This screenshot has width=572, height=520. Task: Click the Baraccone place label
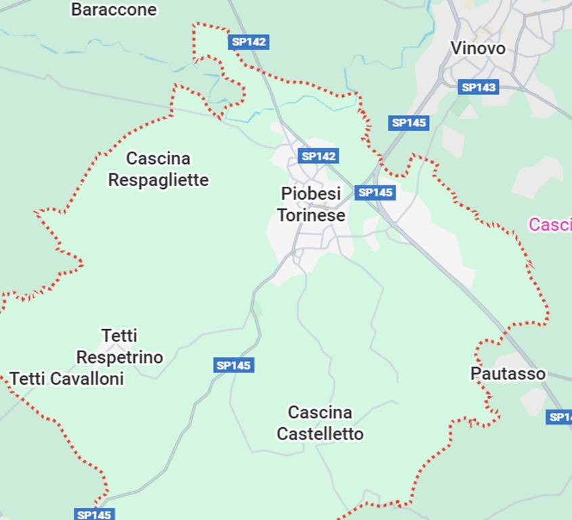pos(113,9)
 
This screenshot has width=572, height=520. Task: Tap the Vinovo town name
pos(478,48)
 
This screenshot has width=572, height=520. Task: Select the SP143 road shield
pos(478,87)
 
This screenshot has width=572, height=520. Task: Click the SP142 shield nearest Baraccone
pos(248,42)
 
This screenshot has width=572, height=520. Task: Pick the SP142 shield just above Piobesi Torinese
pos(318,156)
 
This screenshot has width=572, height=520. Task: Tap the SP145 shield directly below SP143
pos(409,123)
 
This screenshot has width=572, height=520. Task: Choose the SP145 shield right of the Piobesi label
pos(374,192)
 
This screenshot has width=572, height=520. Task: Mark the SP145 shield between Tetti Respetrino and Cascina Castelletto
pos(234,366)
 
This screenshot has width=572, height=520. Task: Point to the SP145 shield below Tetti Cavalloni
pos(94,515)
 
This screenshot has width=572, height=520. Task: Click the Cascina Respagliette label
pos(158,169)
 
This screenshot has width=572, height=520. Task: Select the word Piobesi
pos(311,194)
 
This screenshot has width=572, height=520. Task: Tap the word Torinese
pos(311,215)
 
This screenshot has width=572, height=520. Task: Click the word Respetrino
pos(119,357)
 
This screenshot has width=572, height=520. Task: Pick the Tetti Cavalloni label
pos(66,378)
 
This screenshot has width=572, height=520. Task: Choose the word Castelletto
pos(320,433)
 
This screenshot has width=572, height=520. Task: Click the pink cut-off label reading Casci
pos(550,225)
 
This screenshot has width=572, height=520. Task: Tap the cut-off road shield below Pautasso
pos(560,417)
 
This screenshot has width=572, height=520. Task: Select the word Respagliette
pos(158,180)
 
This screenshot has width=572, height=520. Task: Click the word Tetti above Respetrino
pos(119,336)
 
